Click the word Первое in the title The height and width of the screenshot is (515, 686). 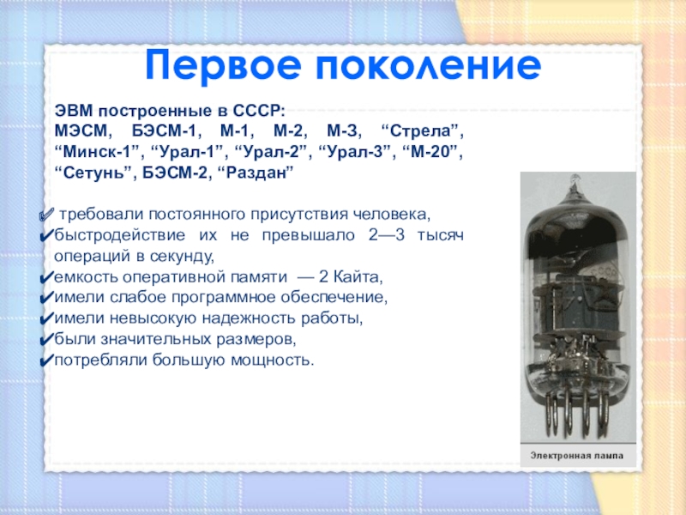coord(223,66)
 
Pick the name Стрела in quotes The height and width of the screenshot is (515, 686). coord(422,131)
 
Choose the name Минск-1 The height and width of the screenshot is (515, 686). coord(99,153)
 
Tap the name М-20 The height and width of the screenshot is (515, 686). coord(431,153)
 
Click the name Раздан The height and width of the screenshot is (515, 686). coord(259,173)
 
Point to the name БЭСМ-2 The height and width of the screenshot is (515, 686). coord(175,173)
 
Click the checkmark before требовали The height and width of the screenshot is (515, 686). coord(46,215)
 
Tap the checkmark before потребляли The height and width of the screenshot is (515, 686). coord(46,361)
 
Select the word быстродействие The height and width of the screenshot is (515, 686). coord(120,235)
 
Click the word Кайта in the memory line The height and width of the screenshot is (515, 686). coord(358,277)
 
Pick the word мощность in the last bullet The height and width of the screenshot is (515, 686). coord(272,360)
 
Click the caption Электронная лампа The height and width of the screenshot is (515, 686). coord(577,456)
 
